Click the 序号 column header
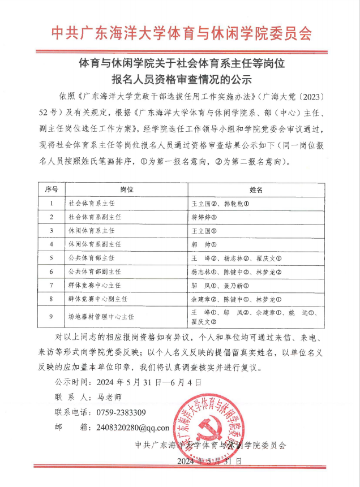coord(52,189)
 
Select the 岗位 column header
coord(126,189)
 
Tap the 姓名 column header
coord(256,189)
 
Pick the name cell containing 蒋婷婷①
coord(204,217)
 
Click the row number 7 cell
coord(52,285)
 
